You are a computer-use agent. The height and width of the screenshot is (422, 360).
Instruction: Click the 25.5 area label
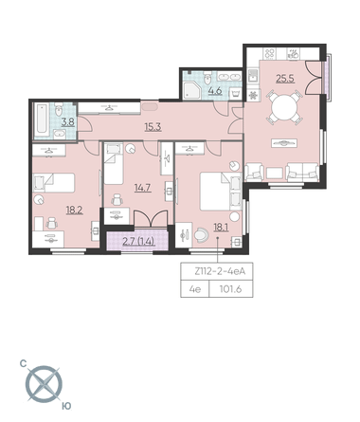point(285,79)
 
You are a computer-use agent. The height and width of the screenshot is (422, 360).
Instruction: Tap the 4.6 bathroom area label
point(215,91)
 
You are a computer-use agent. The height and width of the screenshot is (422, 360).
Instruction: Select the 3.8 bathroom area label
point(68,122)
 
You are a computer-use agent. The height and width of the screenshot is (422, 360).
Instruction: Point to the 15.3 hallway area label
point(153,127)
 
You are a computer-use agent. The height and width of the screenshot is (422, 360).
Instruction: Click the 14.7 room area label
point(143,188)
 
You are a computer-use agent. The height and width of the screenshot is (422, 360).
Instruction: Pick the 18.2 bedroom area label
point(75,210)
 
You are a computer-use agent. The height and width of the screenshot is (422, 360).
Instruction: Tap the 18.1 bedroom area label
point(221,228)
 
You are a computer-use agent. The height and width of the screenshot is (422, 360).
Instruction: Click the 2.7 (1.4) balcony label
point(138,242)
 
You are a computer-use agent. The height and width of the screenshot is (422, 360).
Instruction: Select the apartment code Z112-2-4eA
point(220,271)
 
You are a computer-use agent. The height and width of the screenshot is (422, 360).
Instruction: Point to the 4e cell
point(195,289)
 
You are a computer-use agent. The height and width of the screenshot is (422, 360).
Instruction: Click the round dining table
point(284,107)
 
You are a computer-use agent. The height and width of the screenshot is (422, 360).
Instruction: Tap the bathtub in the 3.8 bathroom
point(42,119)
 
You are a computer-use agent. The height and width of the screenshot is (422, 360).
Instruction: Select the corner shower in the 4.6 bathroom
point(192,87)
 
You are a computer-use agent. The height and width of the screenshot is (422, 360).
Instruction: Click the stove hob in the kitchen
point(270,54)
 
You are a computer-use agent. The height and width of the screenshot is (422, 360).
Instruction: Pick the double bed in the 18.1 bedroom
point(221,192)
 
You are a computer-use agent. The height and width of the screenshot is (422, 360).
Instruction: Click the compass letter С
point(23,363)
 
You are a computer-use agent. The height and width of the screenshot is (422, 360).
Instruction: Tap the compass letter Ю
point(66,406)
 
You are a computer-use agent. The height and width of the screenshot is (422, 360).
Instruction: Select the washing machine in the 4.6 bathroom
point(235,94)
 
